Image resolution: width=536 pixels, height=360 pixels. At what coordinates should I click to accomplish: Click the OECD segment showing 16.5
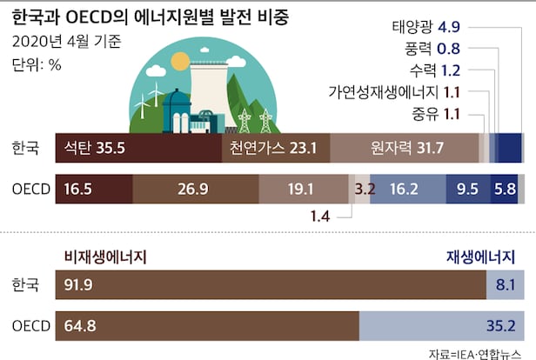coord(92,187)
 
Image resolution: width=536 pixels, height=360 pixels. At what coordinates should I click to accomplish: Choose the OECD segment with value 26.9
coord(196,187)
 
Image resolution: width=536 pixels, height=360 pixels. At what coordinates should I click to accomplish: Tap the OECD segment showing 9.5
coord(468,187)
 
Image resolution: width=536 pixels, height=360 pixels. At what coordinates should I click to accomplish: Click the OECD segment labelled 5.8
coord(505,187)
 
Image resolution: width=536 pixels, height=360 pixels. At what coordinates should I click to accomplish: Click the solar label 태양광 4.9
coord(474,26)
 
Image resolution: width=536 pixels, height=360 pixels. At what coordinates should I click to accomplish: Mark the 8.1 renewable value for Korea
coord(505,284)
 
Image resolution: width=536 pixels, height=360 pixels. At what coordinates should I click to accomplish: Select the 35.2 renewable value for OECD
coord(500,326)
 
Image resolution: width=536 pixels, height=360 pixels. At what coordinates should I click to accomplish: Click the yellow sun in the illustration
coord(180,61)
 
